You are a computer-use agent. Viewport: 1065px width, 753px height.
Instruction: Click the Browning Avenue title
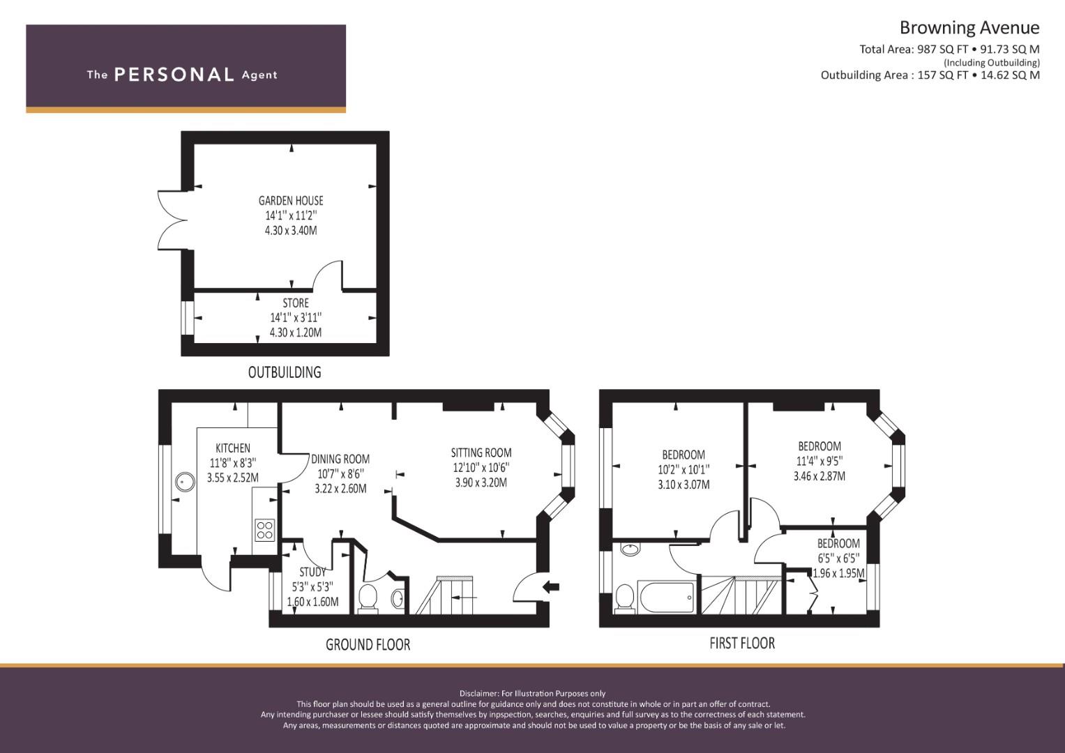[x=969, y=28]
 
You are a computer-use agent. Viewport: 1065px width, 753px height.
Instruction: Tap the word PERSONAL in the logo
[x=174, y=75]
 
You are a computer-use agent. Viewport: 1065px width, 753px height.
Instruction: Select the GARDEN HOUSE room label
[x=291, y=201]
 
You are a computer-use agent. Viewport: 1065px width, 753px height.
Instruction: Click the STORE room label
[x=296, y=303]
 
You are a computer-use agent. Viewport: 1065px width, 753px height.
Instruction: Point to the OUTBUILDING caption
[x=285, y=372]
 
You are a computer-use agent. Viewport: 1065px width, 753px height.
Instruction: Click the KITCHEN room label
[x=233, y=448]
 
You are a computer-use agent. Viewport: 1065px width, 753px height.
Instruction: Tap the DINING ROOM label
[x=340, y=459]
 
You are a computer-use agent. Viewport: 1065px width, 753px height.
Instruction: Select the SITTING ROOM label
[x=481, y=452]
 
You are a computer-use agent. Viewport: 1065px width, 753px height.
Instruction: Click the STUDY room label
[x=313, y=572]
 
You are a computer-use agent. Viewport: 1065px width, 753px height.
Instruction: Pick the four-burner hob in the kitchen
[x=265, y=530]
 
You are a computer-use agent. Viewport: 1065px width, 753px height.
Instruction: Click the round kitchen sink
[x=185, y=482]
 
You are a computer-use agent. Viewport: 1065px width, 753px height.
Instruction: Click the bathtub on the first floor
[x=667, y=597]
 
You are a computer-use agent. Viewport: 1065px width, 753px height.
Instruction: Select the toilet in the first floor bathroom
[x=625, y=598]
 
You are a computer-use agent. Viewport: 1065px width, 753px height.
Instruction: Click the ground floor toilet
[x=368, y=599]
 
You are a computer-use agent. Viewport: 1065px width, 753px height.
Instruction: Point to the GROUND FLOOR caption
[x=368, y=645]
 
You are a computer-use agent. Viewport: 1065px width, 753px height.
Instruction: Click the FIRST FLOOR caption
[x=742, y=643]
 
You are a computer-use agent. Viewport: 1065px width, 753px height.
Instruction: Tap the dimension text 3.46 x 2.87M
[x=819, y=476]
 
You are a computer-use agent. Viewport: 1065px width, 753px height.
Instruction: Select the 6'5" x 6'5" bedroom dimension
[x=839, y=558]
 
